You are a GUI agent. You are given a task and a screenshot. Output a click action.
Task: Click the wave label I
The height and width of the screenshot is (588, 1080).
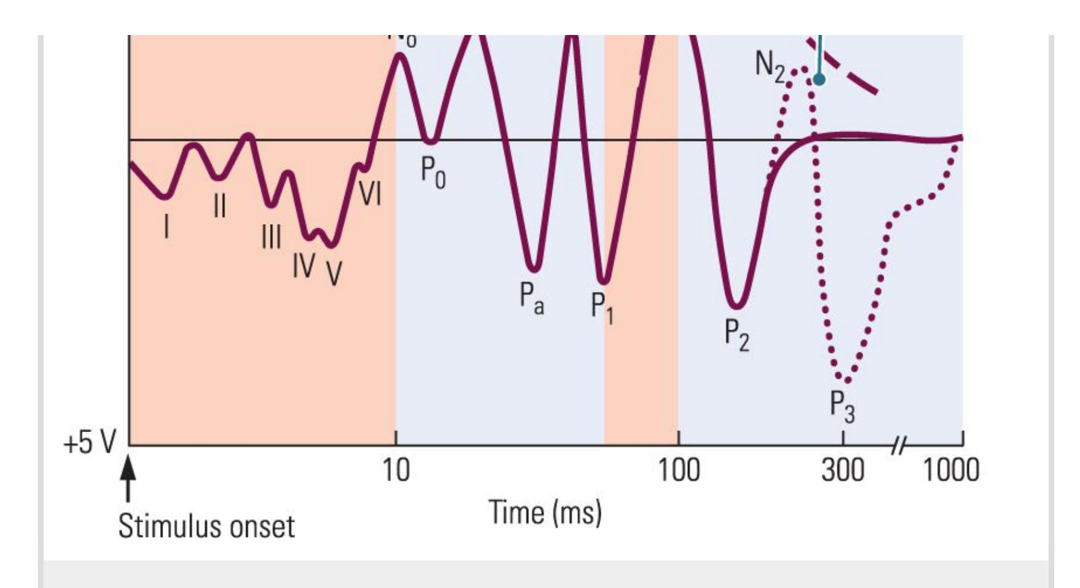(x=166, y=226)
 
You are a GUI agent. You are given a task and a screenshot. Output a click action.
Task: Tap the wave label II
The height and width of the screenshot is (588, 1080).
(x=220, y=206)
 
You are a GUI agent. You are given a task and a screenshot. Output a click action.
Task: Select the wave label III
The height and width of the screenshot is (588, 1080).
(x=271, y=236)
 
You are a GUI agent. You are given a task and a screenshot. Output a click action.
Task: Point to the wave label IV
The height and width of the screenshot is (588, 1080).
(x=304, y=265)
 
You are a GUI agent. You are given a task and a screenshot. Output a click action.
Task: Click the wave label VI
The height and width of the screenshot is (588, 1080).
(x=370, y=194)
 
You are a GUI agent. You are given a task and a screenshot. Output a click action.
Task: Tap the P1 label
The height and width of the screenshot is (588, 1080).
(x=602, y=307)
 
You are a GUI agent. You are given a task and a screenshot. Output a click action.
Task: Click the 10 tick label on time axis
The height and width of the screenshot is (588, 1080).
(x=396, y=471)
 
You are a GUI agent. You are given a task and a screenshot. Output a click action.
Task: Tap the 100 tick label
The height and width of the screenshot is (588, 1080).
(x=679, y=471)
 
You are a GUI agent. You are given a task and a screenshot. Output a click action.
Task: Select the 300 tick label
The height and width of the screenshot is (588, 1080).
(x=843, y=471)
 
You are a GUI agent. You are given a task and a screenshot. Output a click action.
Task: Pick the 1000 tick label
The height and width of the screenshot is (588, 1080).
(x=951, y=471)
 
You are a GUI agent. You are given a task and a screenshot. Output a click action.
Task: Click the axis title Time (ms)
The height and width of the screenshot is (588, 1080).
(x=545, y=513)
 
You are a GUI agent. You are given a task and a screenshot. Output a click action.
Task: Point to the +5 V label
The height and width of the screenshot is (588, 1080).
(x=90, y=442)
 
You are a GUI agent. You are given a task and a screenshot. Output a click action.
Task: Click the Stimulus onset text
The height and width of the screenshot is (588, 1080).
(x=206, y=526)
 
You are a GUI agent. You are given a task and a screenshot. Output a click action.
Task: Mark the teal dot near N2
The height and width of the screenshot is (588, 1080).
(x=819, y=79)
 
